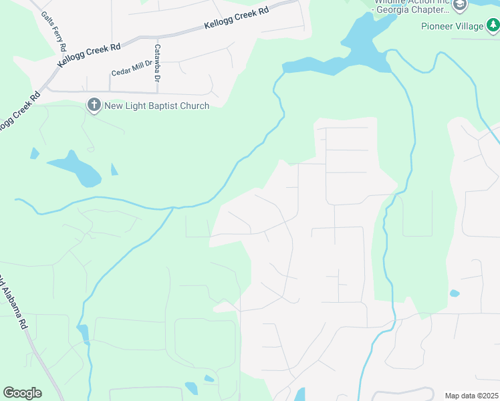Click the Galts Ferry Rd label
pos(53,31)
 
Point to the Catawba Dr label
pos(158,63)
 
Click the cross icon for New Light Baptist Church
pos(94,106)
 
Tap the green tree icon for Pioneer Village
pos(493,26)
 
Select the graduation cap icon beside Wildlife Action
pos(459,6)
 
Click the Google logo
pos(22,393)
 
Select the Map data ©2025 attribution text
pos(471,396)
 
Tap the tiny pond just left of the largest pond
pos(34,154)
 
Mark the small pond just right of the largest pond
pos(114,170)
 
